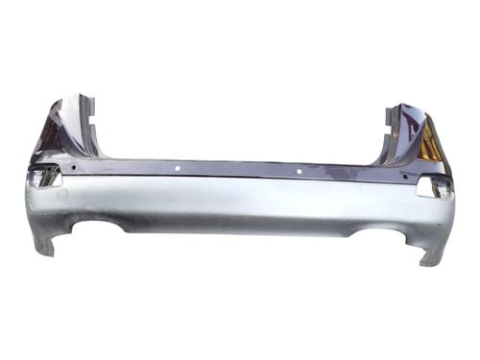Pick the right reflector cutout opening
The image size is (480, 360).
pyautogui.click(x=433, y=187)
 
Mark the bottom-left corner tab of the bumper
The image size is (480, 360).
pyautogui.click(x=44, y=248)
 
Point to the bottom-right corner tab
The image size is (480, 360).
pyautogui.click(x=432, y=257)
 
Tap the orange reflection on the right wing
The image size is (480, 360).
pyautogui.click(x=430, y=149)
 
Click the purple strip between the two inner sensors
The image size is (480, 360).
pyautogui.click(x=240, y=170)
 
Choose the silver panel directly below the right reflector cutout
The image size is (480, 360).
pyautogui.click(x=434, y=216)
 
